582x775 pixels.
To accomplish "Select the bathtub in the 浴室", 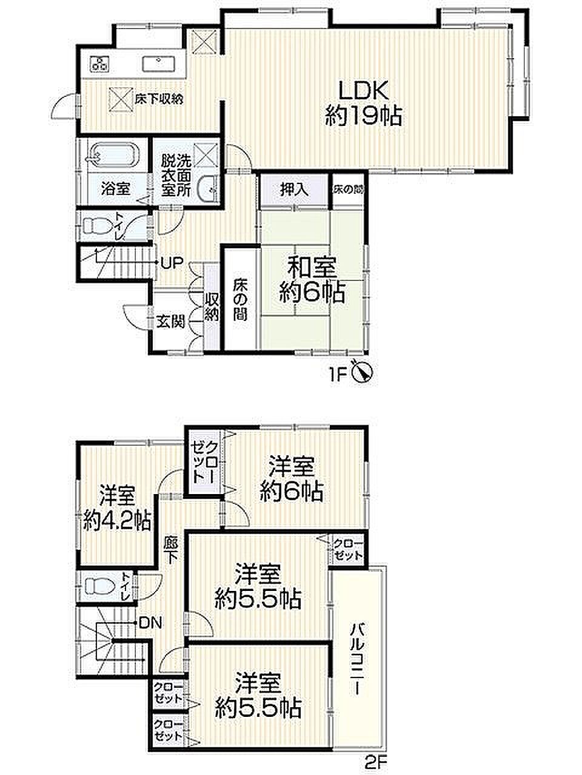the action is [113, 154].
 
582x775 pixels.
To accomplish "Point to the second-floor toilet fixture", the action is [100, 587].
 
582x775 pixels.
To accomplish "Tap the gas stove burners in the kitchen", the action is [101, 64].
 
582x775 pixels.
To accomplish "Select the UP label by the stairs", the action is [172, 262].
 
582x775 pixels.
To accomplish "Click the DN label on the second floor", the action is [150, 623].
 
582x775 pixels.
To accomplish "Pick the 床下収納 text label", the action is [159, 99].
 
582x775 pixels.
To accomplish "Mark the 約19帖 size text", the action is [364, 116].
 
